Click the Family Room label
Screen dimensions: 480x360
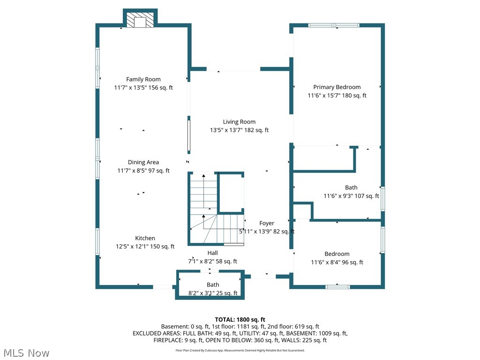tap(143, 79)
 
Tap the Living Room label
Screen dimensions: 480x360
tap(239, 122)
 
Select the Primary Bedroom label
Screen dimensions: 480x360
tap(337, 87)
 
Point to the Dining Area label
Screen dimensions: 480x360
tap(143, 162)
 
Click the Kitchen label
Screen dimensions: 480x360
tap(145, 238)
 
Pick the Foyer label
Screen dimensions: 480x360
tap(267, 223)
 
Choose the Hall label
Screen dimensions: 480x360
tap(212, 253)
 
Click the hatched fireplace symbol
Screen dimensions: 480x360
tap(140, 20)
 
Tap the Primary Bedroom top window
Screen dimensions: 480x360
tap(334, 25)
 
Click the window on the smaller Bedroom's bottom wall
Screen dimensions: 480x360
tap(337, 287)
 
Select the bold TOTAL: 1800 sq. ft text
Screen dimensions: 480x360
tap(240, 320)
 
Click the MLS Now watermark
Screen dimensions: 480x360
tap(26, 353)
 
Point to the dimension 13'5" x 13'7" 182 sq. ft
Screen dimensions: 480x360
tap(239, 130)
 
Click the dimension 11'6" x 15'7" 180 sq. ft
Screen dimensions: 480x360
tap(337, 96)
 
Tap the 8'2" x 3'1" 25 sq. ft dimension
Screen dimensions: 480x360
tap(213, 293)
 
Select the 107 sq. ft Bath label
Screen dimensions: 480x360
tap(351, 187)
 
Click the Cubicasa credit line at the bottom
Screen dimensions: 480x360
tap(240, 350)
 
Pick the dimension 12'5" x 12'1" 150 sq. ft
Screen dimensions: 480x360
tap(145, 247)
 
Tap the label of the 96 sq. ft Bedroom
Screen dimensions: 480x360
tap(337, 254)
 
